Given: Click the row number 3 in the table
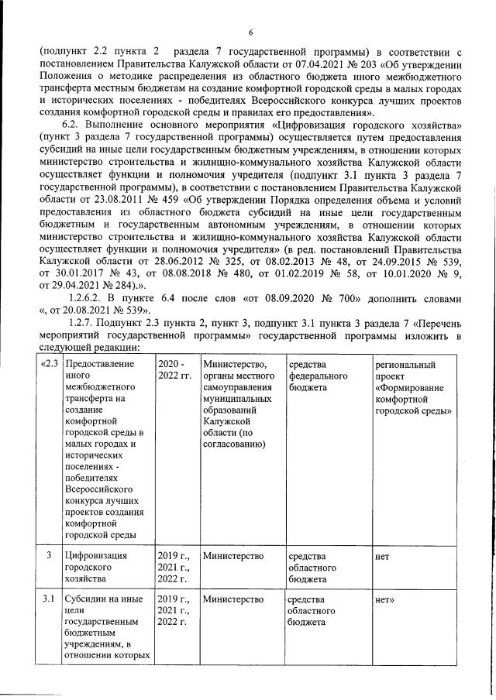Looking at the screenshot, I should tap(49, 555).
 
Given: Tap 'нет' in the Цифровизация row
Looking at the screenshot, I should tap(382, 555).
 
